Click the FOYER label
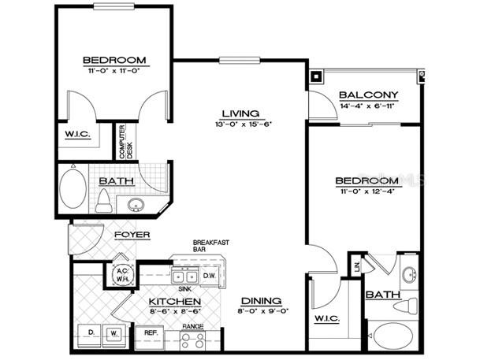[132, 236]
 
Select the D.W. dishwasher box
[210, 276]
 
